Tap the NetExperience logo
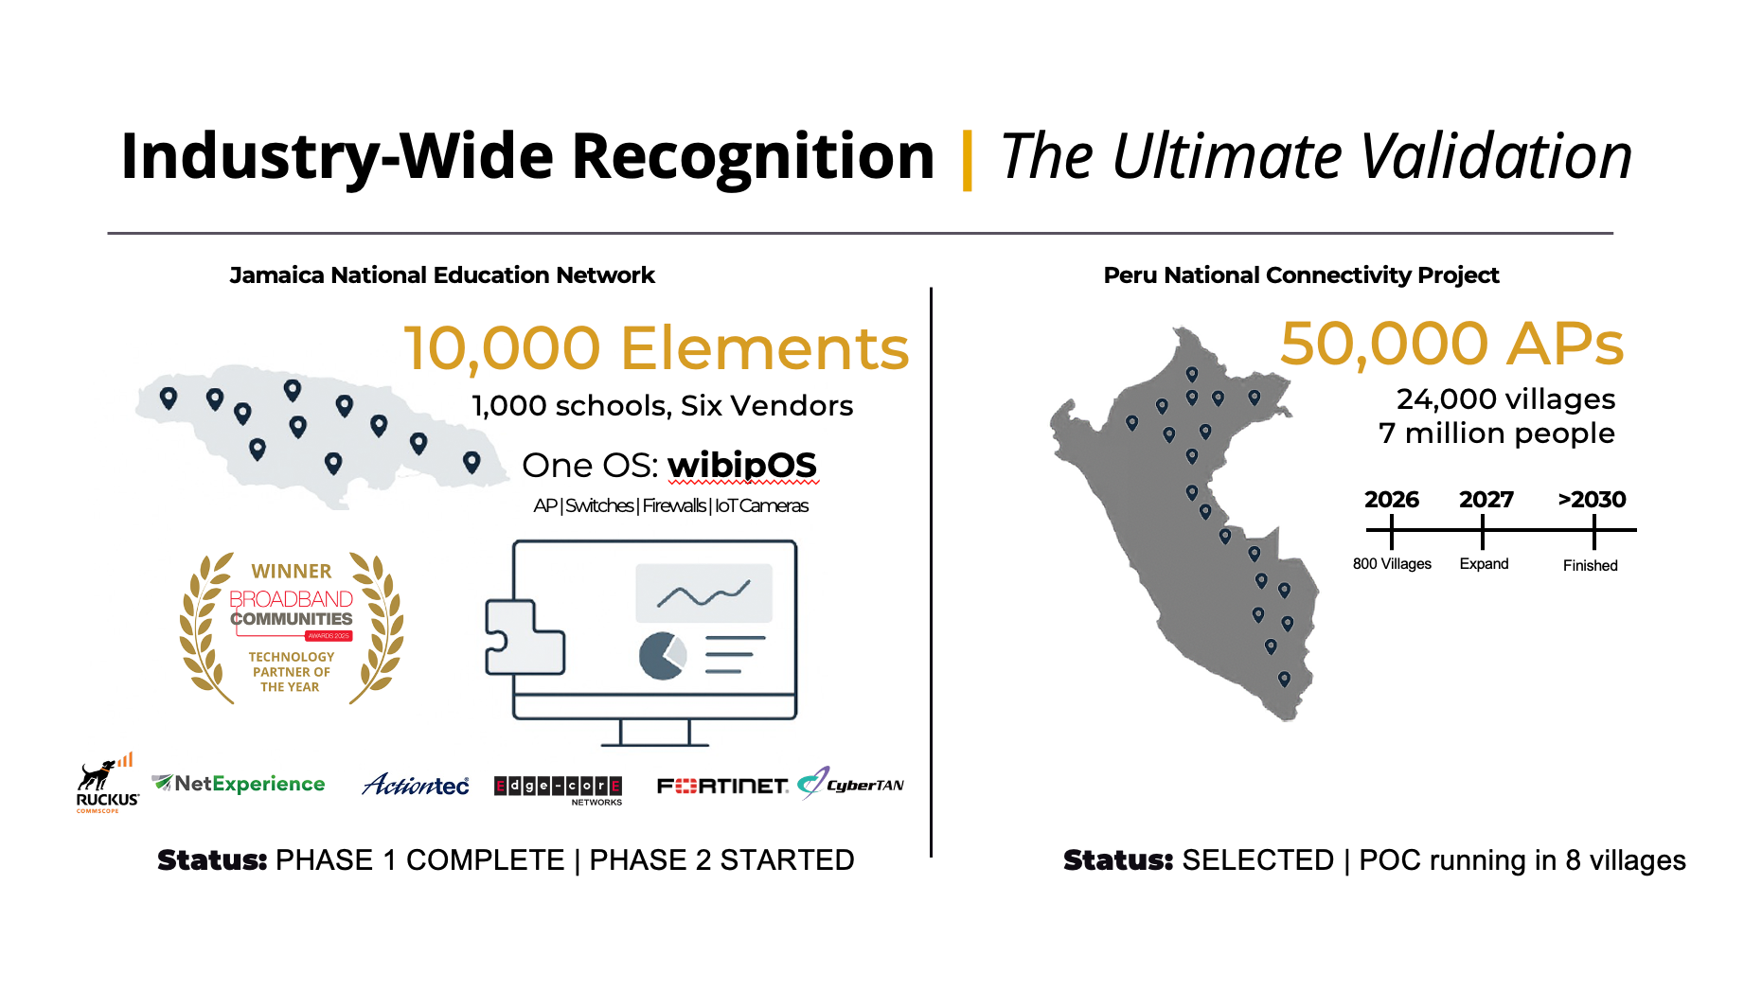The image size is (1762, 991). pos(239,784)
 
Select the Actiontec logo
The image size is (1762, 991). pos(416,785)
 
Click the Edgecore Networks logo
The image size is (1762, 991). pos(558,787)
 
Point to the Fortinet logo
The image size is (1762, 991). pos(722,786)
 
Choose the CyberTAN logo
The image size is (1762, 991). pos(851,784)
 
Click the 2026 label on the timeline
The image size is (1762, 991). pos(1391,500)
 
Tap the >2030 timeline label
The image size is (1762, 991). pos(1592,500)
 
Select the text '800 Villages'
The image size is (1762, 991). pos(1392,564)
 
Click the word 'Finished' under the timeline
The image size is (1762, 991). pos(1590,566)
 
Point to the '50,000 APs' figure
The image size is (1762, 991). pos(1451,344)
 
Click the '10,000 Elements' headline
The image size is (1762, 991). pos(656,348)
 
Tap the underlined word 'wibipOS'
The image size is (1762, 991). pos(741,466)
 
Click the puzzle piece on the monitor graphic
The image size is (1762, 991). pos(523,637)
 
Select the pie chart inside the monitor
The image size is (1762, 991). pos(662,656)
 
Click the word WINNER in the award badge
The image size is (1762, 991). pos(292,572)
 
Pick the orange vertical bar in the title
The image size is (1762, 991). pos(967,160)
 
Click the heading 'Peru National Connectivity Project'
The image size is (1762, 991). pos(1301,275)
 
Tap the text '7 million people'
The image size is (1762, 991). pos(1496,434)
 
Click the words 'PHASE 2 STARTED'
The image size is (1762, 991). pos(721,860)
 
